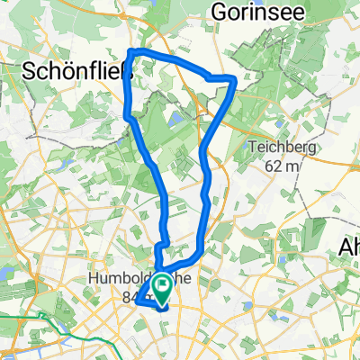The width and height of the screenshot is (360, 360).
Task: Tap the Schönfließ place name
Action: [x=76, y=71]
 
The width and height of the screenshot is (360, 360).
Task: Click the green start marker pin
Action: [x=163, y=290]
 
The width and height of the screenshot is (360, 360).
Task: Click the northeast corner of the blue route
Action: [x=235, y=80]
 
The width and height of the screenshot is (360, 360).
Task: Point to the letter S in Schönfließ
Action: [x=27, y=71]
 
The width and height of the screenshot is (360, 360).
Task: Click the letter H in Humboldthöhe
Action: [x=94, y=280]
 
